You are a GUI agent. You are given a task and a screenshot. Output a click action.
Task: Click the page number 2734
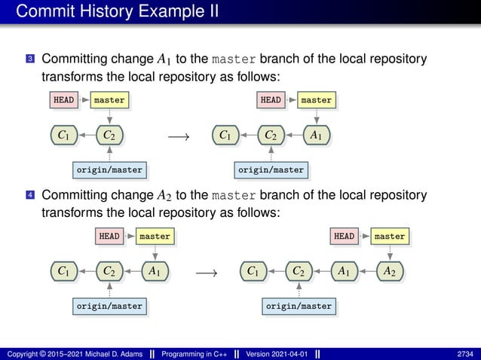coord(466,353)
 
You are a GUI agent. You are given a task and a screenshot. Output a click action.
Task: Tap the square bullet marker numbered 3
coord(29,59)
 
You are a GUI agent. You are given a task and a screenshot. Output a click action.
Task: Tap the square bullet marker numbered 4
coord(29,196)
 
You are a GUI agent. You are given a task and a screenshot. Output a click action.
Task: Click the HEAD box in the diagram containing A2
coord(344,236)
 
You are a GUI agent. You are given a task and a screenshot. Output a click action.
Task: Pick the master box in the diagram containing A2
coord(389,236)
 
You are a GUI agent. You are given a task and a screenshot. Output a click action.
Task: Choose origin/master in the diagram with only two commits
coord(110,170)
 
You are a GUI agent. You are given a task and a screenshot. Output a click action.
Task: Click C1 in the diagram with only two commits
coord(65,135)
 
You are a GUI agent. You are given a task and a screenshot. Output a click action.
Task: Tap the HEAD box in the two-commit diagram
coord(63,99)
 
